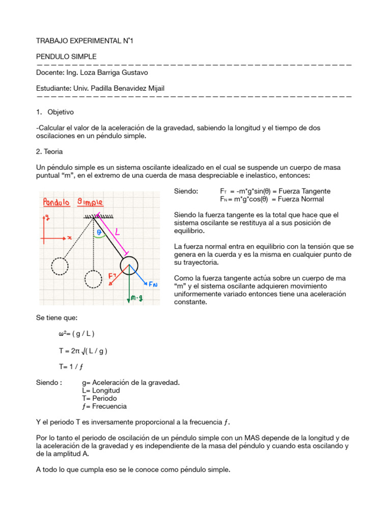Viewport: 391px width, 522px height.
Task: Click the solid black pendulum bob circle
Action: [x=129, y=265]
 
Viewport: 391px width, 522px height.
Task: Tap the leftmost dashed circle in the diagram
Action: [x=60, y=266]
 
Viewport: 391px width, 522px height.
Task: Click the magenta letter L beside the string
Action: [x=118, y=232]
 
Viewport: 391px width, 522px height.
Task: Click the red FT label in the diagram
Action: [x=112, y=276]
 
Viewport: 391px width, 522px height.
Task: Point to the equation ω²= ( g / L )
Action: [x=76, y=334]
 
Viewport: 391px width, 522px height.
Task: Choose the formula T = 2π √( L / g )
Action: [x=83, y=351]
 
